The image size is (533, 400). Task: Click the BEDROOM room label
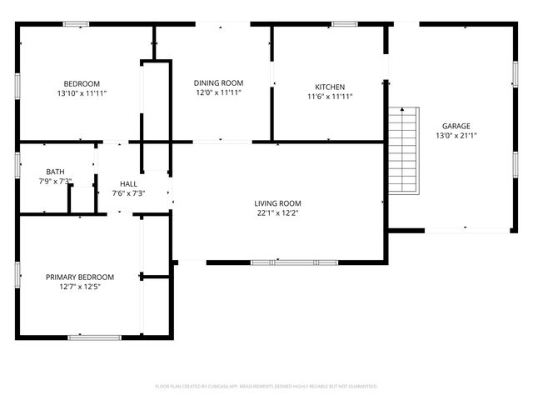coord(82,83)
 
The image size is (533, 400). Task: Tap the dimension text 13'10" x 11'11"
coord(82,93)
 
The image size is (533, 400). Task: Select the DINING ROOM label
coord(218,82)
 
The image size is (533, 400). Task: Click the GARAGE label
coord(456,126)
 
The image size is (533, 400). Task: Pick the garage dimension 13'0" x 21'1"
coord(456,136)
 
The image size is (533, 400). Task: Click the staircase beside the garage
coord(402,150)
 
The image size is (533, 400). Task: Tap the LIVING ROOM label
coord(277,203)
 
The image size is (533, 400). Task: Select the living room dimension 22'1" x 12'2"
coord(277,213)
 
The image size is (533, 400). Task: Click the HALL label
coord(128,184)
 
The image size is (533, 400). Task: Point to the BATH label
coord(55,172)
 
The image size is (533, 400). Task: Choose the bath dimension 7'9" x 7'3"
coord(55,181)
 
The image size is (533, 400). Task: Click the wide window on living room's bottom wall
coord(294,262)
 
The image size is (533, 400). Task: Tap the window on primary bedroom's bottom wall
coord(93,337)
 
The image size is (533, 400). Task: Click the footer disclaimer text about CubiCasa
coord(266,387)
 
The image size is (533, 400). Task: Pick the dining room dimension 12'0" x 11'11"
coord(218,92)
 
